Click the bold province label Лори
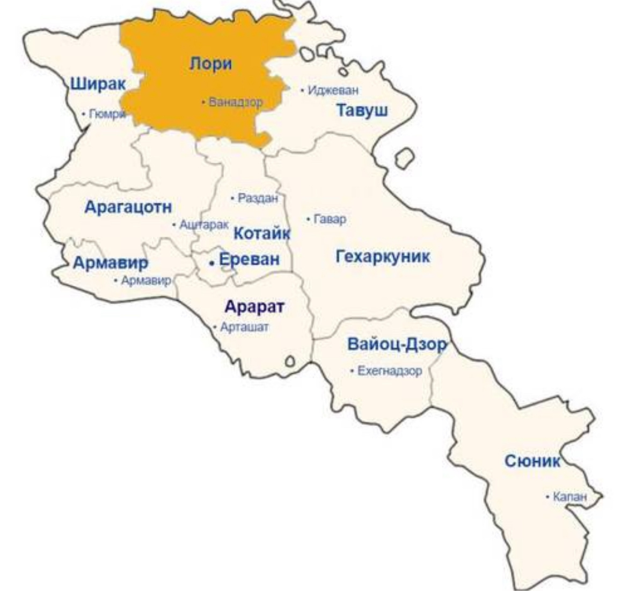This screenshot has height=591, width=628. point(210,64)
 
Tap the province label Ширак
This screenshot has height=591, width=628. point(98,84)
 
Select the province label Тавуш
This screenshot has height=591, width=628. point(362,111)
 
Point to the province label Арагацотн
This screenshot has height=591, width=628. point(128,207)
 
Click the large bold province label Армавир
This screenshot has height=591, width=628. point(110,263)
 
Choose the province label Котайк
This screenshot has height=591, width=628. point(262,234)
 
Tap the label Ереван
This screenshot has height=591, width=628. point(249,260)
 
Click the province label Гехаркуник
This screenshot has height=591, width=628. point(382,257)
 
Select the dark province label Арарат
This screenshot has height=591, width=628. point(254,307)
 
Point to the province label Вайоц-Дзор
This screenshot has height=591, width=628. point(397,344)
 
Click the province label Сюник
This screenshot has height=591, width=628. point(532,461)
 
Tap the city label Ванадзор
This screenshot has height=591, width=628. point(235,102)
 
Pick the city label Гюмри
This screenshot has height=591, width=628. point(107,114)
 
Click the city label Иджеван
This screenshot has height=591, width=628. point(333,90)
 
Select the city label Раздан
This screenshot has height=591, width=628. point(258,198)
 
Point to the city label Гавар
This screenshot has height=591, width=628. point(329,219)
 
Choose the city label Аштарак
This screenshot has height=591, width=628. point(203,225)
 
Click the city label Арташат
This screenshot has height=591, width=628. point(244,327)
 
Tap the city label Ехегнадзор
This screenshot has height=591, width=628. point(389,371)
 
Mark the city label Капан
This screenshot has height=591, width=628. point(569,498)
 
